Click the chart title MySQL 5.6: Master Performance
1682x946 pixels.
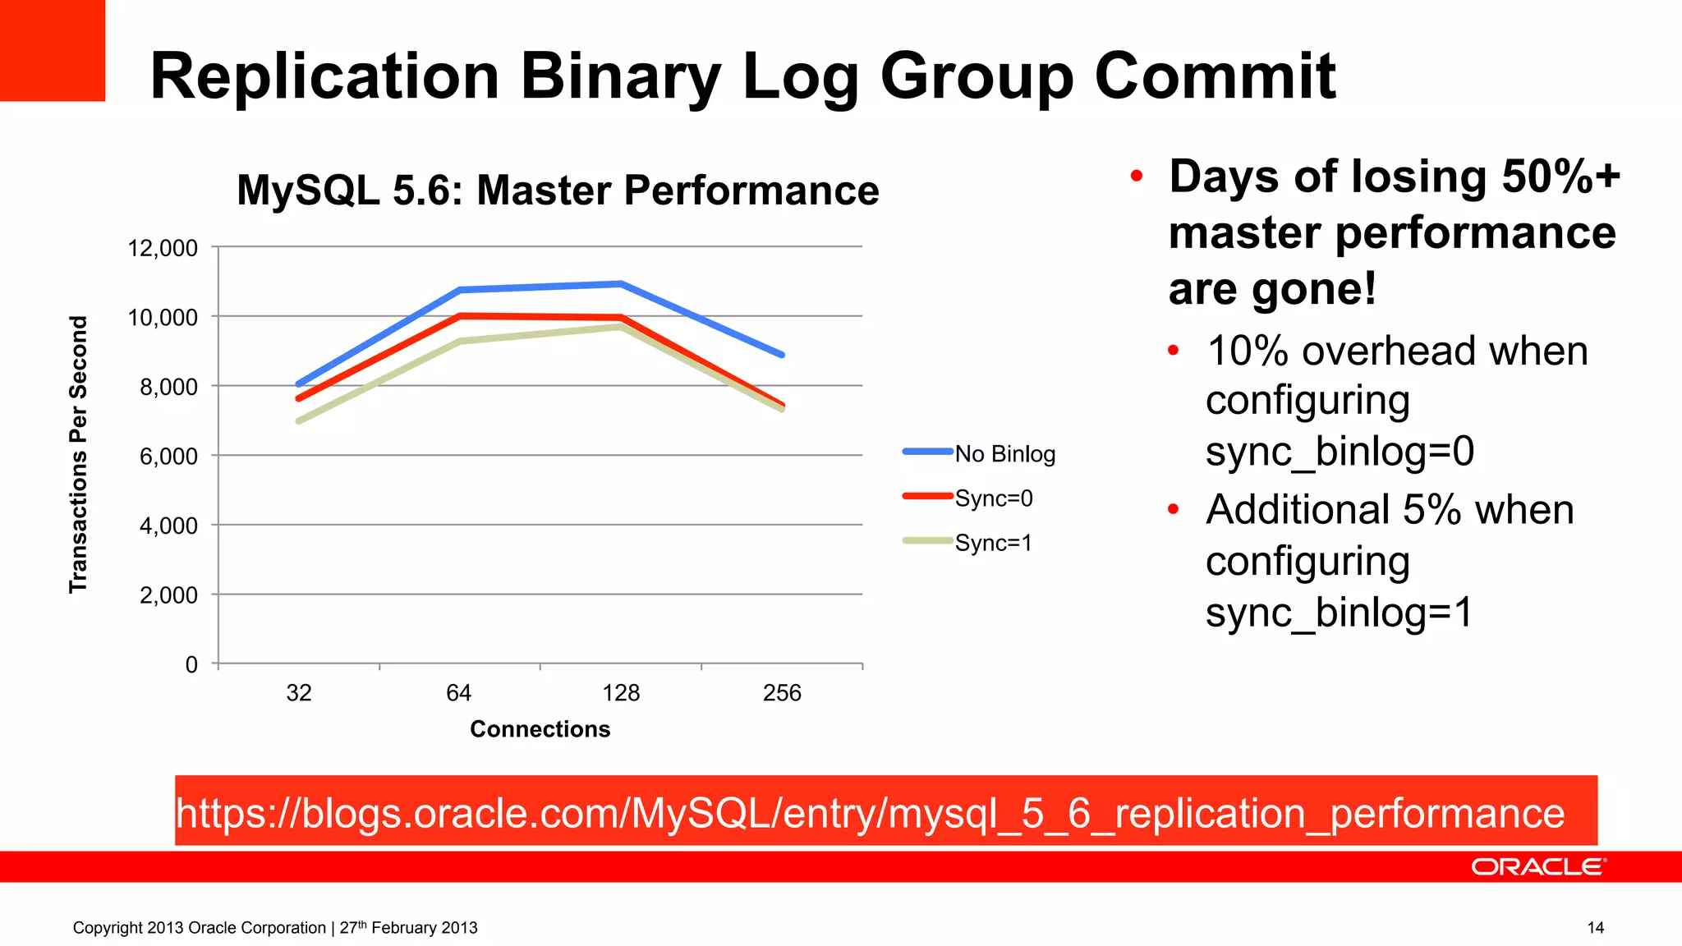(558, 191)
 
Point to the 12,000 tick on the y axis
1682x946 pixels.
(163, 247)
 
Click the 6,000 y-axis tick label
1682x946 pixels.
(168, 456)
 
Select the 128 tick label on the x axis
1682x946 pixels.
(621, 693)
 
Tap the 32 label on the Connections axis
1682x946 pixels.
(299, 693)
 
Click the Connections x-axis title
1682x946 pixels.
(540, 729)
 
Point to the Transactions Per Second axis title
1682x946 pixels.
(78, 454)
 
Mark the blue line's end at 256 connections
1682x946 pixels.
(782, 355)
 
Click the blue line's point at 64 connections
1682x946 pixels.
(460, 290)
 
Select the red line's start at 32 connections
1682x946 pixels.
(299, 398)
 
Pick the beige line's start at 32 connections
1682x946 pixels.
(299, 421)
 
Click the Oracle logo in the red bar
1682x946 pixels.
(1537, 867)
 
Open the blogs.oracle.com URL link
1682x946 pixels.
(870, 813)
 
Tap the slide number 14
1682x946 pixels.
(1595, 928)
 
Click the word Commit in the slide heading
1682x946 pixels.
(1215, 76)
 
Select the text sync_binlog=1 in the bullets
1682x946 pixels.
(1339, 613)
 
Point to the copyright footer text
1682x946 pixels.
(275, 928)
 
